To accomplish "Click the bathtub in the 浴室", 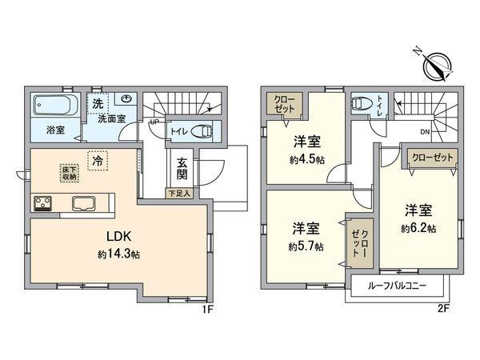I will (x=54, y=105).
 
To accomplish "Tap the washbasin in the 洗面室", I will (x=127, y=101).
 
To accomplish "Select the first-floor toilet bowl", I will (x=203, y=133).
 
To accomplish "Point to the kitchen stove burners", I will (x=42, y=203).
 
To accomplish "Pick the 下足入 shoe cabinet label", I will (x=178, y=193).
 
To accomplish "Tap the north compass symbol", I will (x=436, y=65).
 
